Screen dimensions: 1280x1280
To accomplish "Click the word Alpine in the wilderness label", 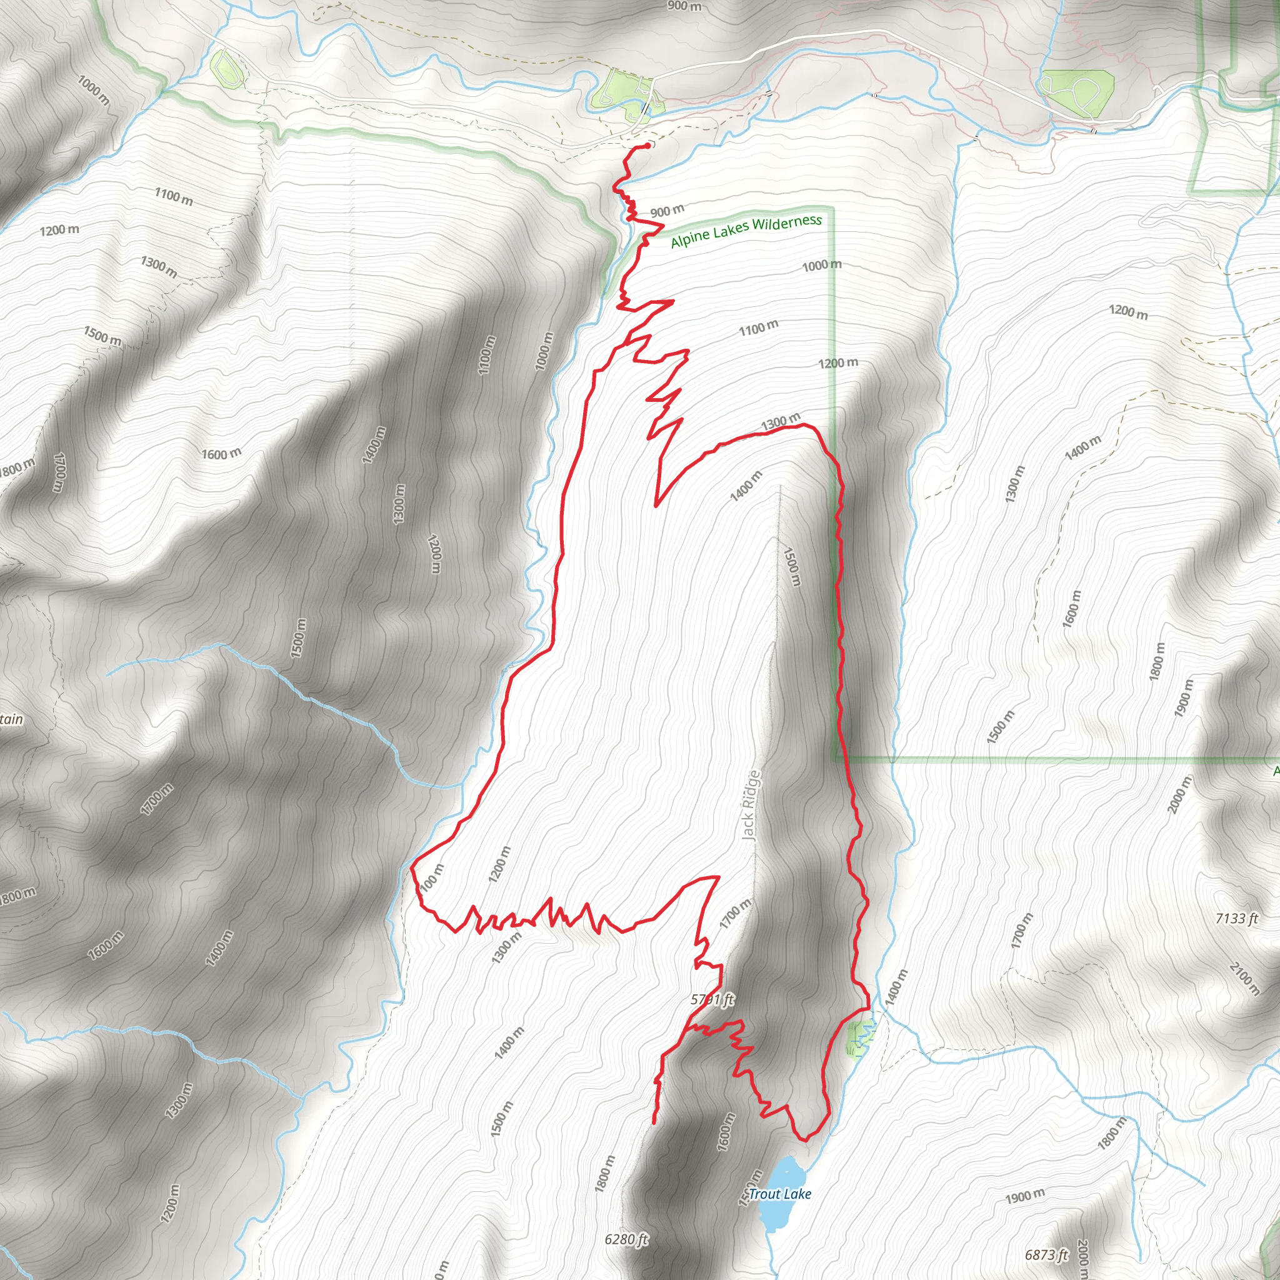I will [689, 237].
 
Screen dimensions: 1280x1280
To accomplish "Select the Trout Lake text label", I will [780, 1194].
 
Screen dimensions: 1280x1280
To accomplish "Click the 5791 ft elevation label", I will [712, 999].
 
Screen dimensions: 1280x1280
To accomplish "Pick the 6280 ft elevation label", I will [626, 1238].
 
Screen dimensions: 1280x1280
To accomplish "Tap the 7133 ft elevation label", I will [1236, 918].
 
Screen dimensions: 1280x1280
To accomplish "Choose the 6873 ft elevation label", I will [1047, 1254].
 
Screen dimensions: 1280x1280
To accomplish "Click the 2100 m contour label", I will [1245, 978].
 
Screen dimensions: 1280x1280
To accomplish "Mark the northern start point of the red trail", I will [646, 146].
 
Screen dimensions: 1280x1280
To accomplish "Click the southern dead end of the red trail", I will [654, 1122].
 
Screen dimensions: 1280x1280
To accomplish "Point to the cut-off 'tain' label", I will [11, 719].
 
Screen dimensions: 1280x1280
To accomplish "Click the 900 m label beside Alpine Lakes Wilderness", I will [666, 211].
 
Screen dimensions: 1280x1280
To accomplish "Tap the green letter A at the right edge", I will [1276, 771].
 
